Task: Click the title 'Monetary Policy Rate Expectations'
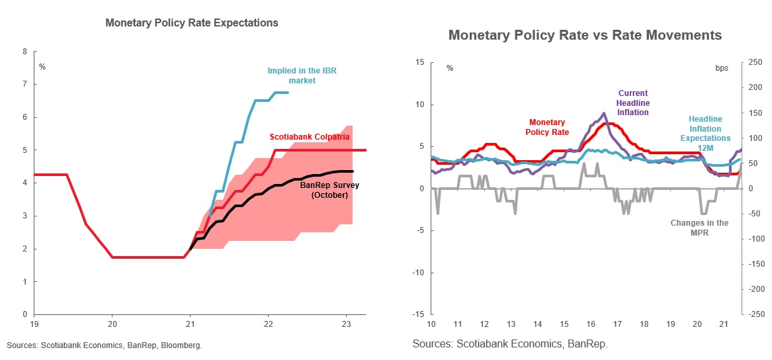coord(192,22)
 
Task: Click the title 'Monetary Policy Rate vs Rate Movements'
coord(585,35)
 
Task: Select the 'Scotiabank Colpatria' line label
coord(310,137)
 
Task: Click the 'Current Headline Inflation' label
coord(633,103)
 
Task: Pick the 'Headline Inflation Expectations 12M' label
coord(705,134)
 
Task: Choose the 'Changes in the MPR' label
coord(699,228)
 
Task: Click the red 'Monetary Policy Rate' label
coord(547,127)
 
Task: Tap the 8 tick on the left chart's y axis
coord(25,52)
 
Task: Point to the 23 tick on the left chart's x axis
coord(345,324)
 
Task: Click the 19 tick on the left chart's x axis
coord(34,324)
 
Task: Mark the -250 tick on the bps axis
coord(755,314)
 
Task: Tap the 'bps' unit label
coord(722,67)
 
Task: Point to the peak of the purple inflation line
coord(604,113)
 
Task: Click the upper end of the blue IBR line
coord(288,93)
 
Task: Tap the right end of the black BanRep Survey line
coord(353,171)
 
